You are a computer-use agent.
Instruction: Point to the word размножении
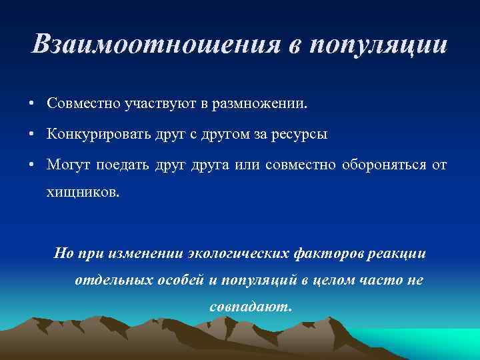pos(259,104)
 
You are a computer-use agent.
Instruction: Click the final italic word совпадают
pos(250,308)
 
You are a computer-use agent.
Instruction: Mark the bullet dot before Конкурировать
pos(32,135)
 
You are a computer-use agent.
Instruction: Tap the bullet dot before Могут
pos(32,165)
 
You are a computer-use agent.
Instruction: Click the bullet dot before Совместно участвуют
pos(32,105)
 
